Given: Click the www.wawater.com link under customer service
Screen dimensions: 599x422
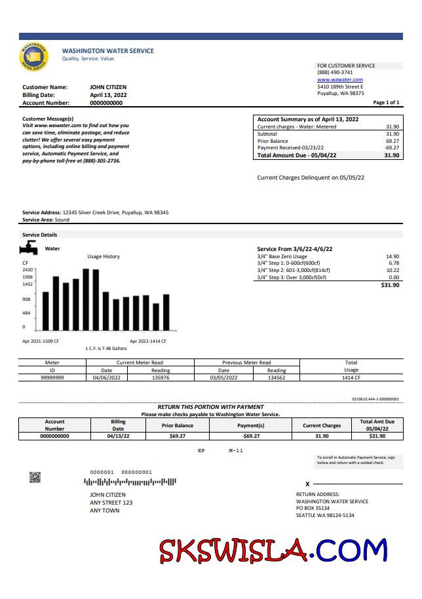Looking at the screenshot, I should pyautogui.click(x=339, y=80).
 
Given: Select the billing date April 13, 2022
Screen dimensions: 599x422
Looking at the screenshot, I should pyautogui.click(x=108, y=95).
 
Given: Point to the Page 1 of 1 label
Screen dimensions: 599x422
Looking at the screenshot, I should pyautogui.click(x=386, y=103).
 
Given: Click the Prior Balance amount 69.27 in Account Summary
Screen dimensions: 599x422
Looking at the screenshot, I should pyautogui.click(x=393, y=141).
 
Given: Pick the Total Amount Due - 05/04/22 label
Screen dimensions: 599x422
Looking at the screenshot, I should pyautogui.click(x=297, y=155).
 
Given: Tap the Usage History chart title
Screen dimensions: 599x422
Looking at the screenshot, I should pyautogui.click(x=104, y=256).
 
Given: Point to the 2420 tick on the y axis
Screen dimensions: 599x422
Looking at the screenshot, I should pyautogui.click(x=28, y=270).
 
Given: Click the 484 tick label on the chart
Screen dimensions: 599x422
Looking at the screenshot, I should pyautogui.click(x=26, y=313).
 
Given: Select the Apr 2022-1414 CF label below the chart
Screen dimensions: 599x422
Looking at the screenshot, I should pyautogui.click(x=148, y=341).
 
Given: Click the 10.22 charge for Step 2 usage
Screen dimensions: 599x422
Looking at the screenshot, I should pyautogui.click(x=393, y=270).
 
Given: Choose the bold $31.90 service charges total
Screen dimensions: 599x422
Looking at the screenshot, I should pyautogui.click(x=390, y=285).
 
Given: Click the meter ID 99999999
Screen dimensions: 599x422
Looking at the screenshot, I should pyautogui.click(x=52, y=377).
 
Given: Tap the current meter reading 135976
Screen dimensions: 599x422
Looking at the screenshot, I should pyautogui.click(x=161, y=377).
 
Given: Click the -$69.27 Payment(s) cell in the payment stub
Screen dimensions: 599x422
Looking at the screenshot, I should pyautogui.click(x=251, y=435).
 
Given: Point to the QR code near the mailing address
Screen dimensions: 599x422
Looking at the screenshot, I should pyautogui.click(x=35, y=477).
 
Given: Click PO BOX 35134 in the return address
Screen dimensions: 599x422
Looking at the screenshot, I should pyautogui.click(x=313, y=508).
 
